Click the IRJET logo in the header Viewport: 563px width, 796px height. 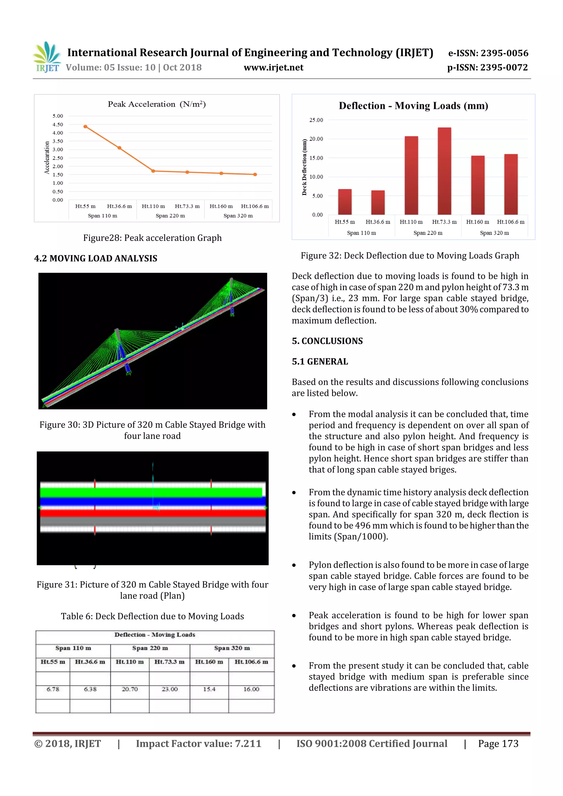point(48,57)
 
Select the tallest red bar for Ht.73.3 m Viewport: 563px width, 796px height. point(444,171)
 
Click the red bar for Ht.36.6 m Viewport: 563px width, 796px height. point(378,203)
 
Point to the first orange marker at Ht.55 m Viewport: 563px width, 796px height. point(85,127)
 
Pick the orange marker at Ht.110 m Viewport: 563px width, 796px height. point(153,171)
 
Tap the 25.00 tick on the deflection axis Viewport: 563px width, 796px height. point(316,120)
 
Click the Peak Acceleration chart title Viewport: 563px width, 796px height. point(157,104)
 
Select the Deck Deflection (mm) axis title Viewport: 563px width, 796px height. point(305,167)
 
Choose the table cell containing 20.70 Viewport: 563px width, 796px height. point(130,689)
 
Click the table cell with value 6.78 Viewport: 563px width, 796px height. point(53,689)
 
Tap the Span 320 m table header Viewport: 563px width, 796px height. point(232,648)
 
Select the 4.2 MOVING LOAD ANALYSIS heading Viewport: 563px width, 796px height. point(95,258)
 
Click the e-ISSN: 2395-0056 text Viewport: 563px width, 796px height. point(488,53)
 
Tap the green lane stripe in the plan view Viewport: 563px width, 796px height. point(151,492)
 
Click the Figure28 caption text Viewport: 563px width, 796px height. point(152,238)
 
